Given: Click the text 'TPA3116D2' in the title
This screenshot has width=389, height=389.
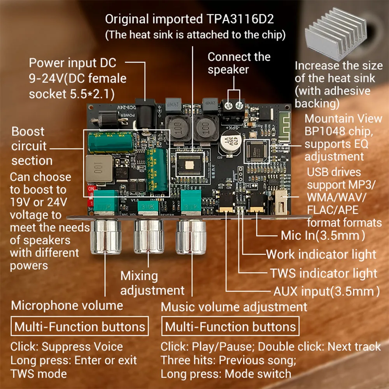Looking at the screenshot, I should point(244,19).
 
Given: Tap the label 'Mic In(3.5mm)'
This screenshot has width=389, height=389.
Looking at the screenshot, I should point(323,235).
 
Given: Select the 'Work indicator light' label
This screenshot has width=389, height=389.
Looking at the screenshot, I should point(321,254).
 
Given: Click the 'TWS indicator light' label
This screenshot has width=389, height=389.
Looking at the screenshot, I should point(324,273).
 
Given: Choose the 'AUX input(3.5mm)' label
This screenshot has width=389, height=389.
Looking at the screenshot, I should point(326,291).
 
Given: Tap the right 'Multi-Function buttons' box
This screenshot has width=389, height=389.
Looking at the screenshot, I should point(231,327).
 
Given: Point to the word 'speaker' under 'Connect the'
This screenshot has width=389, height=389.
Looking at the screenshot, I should point(228,70).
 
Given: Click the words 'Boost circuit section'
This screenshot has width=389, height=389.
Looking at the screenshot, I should point(32,146).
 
